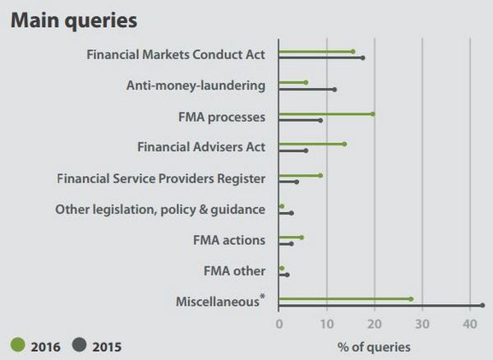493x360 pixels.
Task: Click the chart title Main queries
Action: (74, 19)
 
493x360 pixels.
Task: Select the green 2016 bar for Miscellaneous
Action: (344, 299)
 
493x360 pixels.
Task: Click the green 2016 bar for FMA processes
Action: (325, 114)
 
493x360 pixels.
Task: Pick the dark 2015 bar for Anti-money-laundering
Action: (306, 90)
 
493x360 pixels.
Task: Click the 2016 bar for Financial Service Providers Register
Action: (299, 175)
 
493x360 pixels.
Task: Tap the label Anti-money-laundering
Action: (196, 85)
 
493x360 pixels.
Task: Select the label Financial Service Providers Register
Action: (161, 178)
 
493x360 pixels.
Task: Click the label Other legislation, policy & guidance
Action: (160, 210)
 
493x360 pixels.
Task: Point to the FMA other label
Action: (234, 270)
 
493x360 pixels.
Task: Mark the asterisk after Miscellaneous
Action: (263, 297)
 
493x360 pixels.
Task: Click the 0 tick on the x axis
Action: (279, 325)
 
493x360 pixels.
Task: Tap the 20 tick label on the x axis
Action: (375, 325)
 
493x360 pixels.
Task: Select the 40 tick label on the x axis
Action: (470, 325)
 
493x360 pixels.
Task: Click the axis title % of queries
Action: (374, 347)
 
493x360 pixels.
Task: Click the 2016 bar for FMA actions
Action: (290, 237)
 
